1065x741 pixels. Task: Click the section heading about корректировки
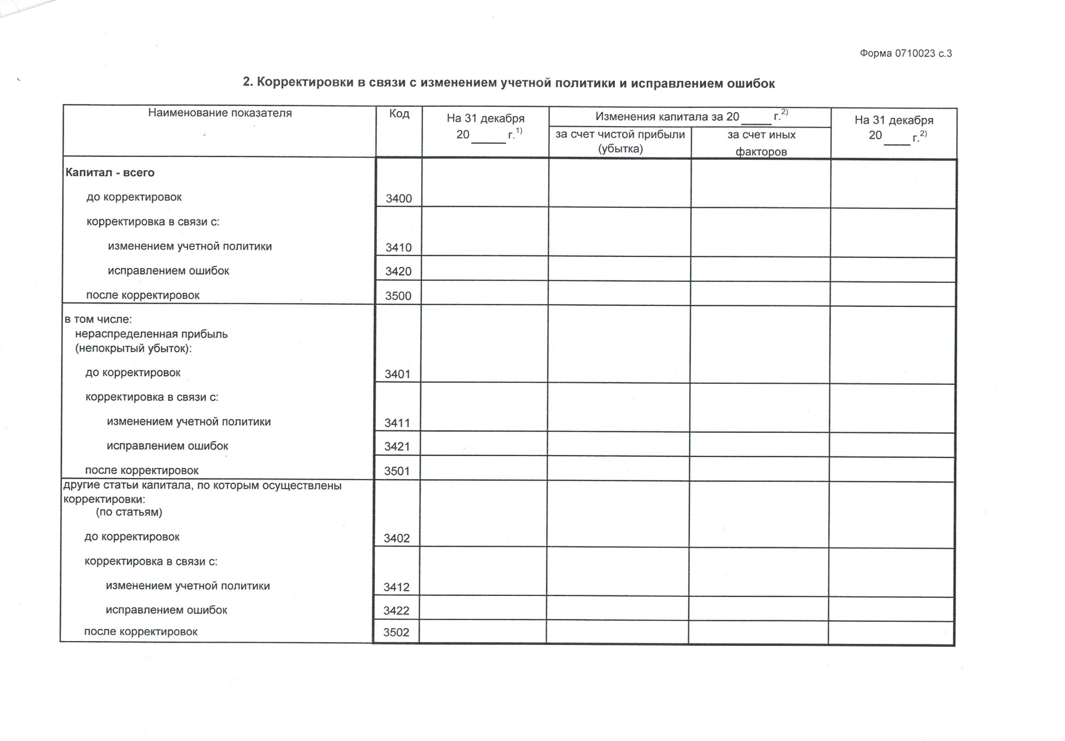pyautogui.click(x=509, y=83)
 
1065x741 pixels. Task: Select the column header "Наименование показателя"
pyautogui.click(x=220, y=113)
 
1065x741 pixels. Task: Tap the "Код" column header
pyautogui.click(x=399, y=113)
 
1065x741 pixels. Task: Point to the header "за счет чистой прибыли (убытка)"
pyautogui.click(x=620, y=142)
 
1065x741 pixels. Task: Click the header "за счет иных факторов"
pyautogui.click(x=761, y=143)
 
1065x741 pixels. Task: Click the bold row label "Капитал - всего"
pyautogui.click(x=110, y=173)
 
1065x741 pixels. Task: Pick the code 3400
pyautogui.click(x=398, y=199)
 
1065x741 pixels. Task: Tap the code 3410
pyautogui.click(x=398, y=247)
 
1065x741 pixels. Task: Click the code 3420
pyautogui.click(x=398, y=271)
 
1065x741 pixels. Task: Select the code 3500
pyautogui.click(x=398, y=296)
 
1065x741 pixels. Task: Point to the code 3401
pyautogui.click(x=397, y=374)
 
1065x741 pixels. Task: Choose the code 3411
pyautogui.click(x=397, y=423)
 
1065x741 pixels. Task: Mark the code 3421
pyautogui.click(x=397, y=447)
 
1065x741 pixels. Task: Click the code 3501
pyautogui.click(x=396, y=471)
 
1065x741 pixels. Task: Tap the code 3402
pyautogui.click(x=396, y=538)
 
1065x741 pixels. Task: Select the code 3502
pyautogui.click(x=396, y=633)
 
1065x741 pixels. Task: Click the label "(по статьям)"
pyautogui.click(x=129, y=512)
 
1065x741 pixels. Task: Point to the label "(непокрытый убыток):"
pyautogui.click(x=134, y=348)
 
